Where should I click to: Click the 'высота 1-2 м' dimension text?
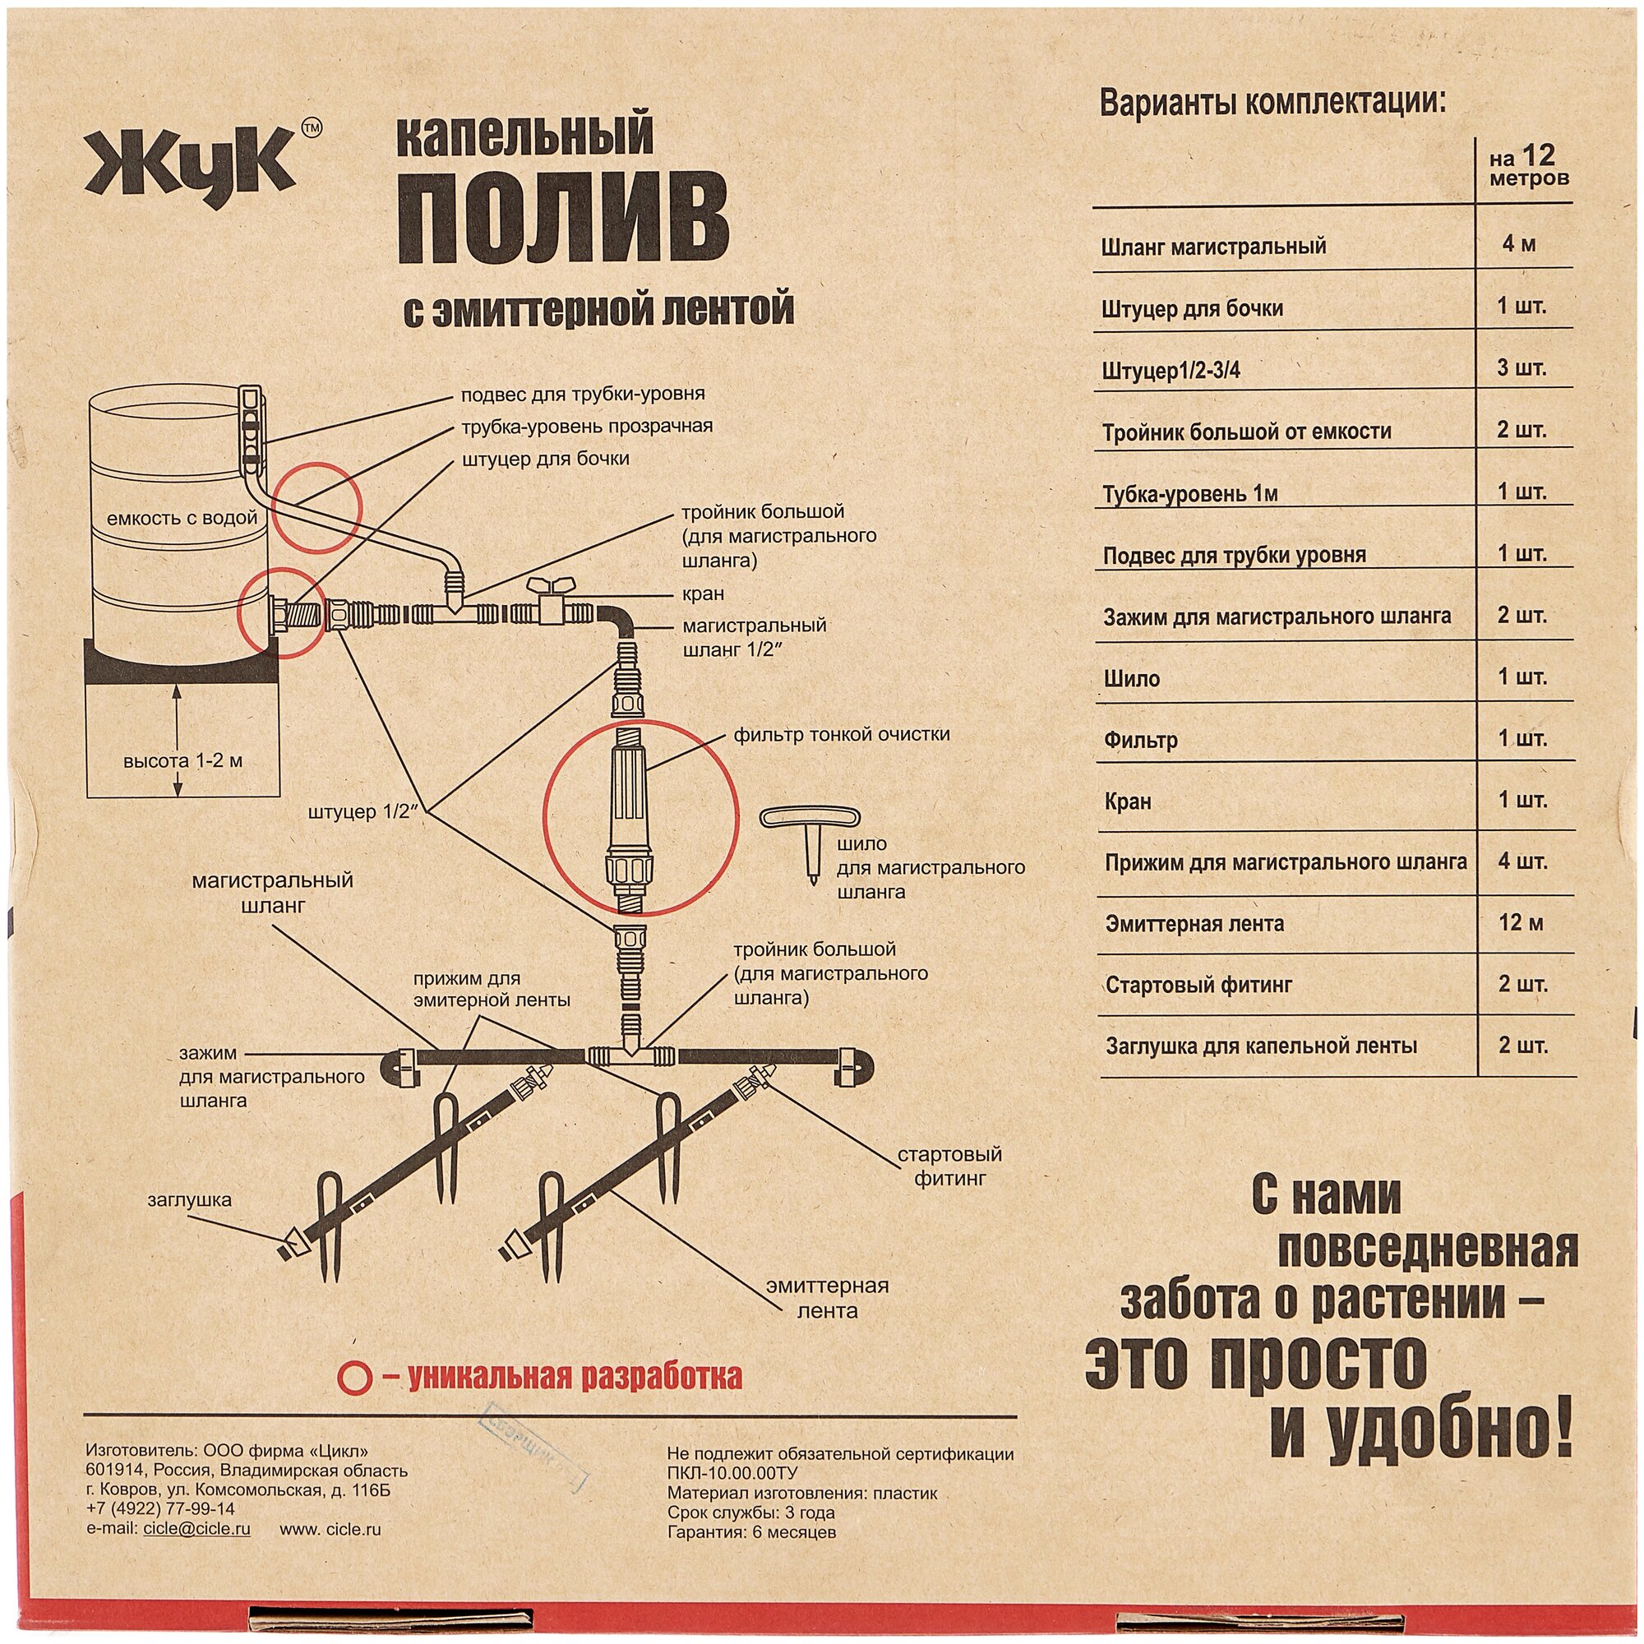point(183,760)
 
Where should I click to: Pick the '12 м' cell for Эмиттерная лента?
point(1522,922)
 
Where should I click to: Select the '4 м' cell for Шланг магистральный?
point(1519,244)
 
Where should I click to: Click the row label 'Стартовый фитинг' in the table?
point(1199,986)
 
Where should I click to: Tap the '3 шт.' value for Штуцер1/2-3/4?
point(1522,368)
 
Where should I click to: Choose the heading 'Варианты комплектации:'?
point(1273,103)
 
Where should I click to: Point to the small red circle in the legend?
point(354,1376)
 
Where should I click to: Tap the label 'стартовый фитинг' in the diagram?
point(949,1166)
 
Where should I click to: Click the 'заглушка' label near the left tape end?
point(190,1200)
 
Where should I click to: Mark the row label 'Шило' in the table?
point(1131,679)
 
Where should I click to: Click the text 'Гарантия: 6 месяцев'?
point(751,1532)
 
